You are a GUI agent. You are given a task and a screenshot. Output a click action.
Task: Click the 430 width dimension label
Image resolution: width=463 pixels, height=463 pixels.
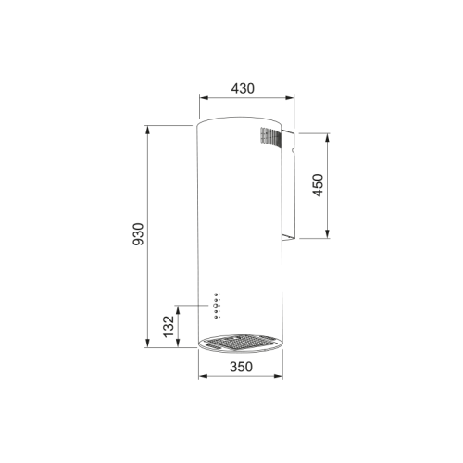(x=243, y=89)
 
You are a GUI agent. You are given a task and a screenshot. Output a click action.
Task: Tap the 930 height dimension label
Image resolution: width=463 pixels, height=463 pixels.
(x=138, y=234)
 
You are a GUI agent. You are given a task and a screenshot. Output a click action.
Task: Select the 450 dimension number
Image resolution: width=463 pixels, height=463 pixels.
(x=318, y=185)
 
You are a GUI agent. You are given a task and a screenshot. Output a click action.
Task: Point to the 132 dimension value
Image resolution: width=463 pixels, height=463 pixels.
(x=169, y=327)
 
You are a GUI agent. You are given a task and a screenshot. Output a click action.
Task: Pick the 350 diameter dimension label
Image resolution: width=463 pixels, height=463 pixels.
(x=241, y=367)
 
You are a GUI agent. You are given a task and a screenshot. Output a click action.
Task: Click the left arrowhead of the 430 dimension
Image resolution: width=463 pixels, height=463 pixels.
(x=204, y=98)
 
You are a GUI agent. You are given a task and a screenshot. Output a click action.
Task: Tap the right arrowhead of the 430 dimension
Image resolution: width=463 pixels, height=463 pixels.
(x=290, y=98)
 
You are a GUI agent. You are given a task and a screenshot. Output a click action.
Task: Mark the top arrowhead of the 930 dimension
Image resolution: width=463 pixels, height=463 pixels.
(x=147, y=130)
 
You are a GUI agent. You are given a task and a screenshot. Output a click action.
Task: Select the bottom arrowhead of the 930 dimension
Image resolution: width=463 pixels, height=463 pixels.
(x=147, y=343)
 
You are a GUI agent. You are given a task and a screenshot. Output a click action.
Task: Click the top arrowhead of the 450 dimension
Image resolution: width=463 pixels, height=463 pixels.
(x=328, y=138)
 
